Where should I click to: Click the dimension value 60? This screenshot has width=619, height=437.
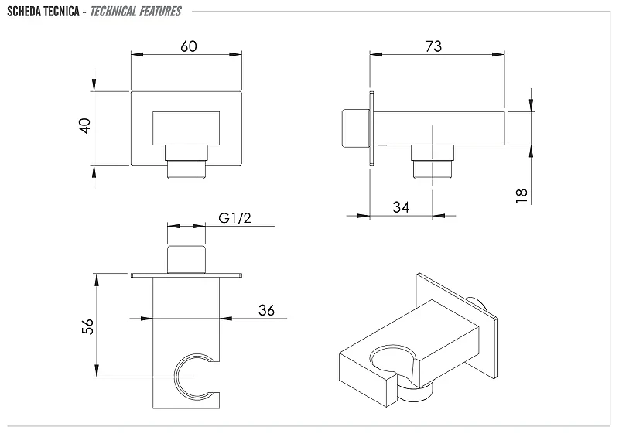point(189,46)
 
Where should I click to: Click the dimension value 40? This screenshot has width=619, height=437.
point(85,126)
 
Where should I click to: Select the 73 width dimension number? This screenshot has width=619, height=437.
point(433,46)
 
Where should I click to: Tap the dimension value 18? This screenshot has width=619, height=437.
point(522,196)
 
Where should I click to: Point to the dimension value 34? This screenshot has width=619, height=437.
point(401,207)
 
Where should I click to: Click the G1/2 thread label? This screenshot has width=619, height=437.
point(234,218)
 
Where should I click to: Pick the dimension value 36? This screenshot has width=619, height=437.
point(266,310)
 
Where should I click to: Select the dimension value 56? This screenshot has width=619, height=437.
point(87,326)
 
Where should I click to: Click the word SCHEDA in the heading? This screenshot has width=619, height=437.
point(24,12)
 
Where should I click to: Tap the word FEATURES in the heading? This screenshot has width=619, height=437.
point(160,12)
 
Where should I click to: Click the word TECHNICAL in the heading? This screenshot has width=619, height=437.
point(113,12)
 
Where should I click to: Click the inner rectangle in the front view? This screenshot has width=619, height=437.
point(186,128)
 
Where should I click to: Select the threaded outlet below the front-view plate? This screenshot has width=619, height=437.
point(186,162)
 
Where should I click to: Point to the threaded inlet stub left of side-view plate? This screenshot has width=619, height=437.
point(355,128)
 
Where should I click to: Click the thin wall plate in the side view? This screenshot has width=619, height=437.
point(371,128)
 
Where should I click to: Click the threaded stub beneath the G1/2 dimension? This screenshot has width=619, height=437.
point(186,259)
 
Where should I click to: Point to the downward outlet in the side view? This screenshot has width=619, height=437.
point(433,162)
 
